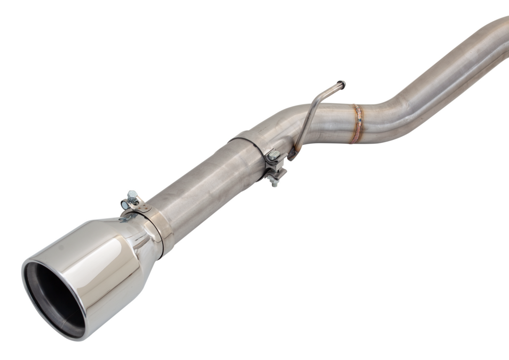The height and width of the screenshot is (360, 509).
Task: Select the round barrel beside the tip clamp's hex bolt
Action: coord(125,205)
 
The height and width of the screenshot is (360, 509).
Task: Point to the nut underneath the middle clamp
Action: coord(275,183)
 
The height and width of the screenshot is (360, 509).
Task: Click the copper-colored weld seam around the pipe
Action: coord(358,124)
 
